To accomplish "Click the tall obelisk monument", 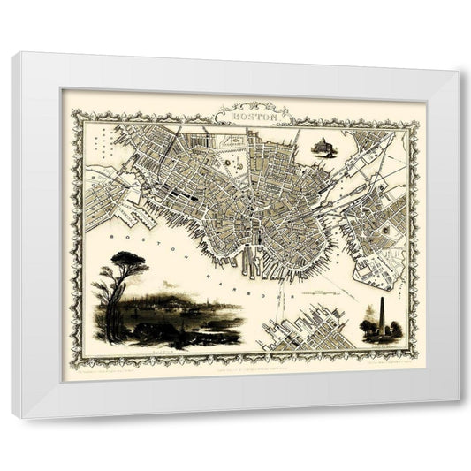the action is [382, 315].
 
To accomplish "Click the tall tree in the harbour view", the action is [115, 292].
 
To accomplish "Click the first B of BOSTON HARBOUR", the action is [108, 234].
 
